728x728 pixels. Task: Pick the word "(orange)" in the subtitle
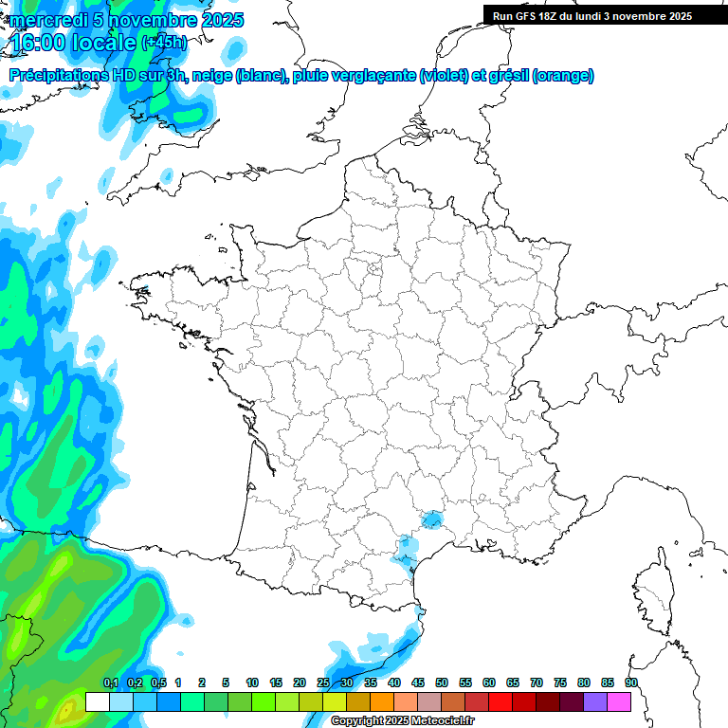click(564, 76)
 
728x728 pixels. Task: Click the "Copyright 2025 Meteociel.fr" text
click(403, 721)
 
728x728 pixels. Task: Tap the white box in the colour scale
click(97, 701)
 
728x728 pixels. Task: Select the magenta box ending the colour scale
click(619, 701)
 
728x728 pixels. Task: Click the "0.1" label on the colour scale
click(110, 683)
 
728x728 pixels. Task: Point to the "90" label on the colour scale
click(630, 683)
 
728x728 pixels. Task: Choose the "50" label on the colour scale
click(442, 683)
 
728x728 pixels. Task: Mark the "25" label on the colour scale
click(323, 683)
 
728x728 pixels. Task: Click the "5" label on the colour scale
click(226, 683)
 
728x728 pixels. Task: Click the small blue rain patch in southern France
click(432, 519)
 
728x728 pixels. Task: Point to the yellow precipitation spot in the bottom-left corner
click(66, 709)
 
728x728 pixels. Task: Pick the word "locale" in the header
click(101, 43)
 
